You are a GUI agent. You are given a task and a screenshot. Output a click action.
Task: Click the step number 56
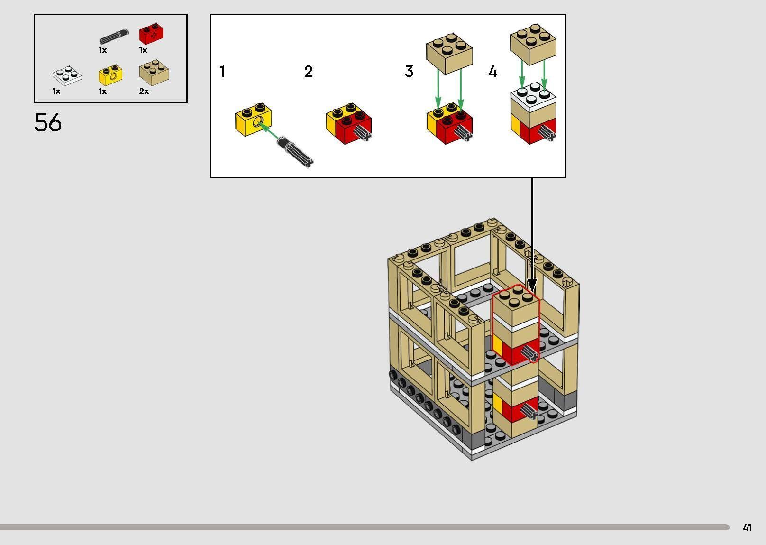(x=48, y=122)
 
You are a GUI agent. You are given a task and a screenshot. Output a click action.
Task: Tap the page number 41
(x=747, y=527)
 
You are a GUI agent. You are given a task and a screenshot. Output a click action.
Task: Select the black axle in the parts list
(x=114, y=36)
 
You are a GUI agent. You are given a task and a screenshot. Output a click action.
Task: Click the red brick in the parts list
(x=151, y=34)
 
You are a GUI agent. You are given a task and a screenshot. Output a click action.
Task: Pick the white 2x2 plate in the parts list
(x=67, y=76)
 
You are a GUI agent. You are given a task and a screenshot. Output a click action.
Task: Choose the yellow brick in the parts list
(x=110, y=74)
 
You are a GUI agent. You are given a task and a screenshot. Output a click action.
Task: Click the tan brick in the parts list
(x=154, y=73)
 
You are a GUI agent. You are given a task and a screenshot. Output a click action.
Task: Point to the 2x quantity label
(x=144, y=92)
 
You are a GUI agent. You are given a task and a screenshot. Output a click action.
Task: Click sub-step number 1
(x=222, y=72)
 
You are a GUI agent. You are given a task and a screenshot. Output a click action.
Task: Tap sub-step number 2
(x=308, y=72)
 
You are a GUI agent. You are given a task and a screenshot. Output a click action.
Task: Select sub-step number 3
(x=409, y=72)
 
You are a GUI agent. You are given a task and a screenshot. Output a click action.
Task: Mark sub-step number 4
(x=493, y=72)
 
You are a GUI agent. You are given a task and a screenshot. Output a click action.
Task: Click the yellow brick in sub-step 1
(x=253, y=120)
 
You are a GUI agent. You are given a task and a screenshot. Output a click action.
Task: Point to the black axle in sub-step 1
(x=295, y=152)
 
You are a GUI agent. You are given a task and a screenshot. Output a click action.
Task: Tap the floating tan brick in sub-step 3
(x=449, y=53)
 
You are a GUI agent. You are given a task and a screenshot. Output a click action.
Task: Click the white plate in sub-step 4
(x=533, y=96)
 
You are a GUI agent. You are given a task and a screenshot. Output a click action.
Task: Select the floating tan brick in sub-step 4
(x=533, y=44)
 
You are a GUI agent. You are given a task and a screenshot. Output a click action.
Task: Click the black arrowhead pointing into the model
(x=532, y=285)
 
